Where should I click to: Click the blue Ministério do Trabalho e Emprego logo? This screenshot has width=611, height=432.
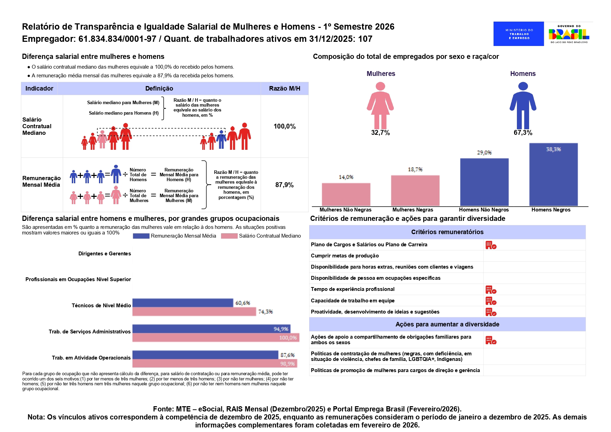point(518,34)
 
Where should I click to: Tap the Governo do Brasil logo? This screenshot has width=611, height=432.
point(568,34)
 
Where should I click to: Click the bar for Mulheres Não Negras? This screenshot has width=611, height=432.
point(346,194)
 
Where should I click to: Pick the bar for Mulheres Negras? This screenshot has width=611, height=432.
point(415,191)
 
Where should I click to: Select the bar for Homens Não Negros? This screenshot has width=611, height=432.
point(484,182)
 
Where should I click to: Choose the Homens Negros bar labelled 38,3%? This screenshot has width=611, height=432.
point(553,175)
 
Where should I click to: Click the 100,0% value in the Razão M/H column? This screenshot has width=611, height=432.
point(284,126)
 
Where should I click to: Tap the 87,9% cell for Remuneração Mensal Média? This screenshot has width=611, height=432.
point(284,185)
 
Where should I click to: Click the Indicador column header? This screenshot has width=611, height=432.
point(39,88)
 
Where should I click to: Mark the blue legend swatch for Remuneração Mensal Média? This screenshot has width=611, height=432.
point(141,236)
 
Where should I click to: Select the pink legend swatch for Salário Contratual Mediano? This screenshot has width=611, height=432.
point(229,236)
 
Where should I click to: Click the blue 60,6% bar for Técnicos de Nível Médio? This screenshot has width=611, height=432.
point(183,303)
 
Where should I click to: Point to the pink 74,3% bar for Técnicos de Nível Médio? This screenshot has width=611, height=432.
point(194,311)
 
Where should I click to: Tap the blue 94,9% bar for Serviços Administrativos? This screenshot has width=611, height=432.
point(211,329)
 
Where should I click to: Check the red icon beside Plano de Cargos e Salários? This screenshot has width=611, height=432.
point(491,245)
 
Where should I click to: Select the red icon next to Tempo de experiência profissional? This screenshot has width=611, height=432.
point(491,290)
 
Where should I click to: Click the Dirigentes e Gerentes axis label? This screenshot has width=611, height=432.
point(105,254)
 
